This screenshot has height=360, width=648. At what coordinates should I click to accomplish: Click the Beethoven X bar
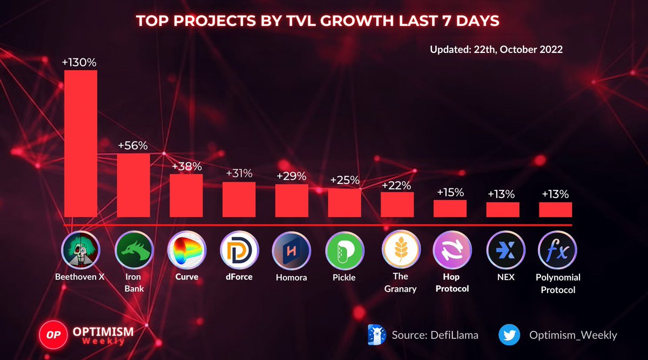point(80,144)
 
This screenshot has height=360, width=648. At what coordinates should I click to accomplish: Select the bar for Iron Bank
point(133,185)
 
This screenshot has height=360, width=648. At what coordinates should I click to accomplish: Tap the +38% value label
point(187,167)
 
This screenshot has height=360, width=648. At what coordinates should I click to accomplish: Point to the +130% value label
point(79,63)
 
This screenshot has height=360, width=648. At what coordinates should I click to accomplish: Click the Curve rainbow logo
point(187,250)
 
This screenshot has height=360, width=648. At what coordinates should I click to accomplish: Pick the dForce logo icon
point(239,250)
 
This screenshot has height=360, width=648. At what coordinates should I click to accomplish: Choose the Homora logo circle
point(292,250)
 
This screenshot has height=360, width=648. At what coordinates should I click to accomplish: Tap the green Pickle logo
point(345,250)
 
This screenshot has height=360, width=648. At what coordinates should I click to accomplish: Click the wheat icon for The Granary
point(401,249)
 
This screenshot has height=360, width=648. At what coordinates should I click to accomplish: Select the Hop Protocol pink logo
point(452,250)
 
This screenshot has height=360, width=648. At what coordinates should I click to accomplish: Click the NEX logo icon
point(505,250)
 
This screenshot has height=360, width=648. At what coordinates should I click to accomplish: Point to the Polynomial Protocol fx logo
point(557,250)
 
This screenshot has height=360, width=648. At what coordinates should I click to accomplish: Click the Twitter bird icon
point(509,335)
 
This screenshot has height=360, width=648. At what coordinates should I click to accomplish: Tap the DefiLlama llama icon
point(377,335)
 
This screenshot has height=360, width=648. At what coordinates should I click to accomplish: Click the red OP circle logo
point(53,335)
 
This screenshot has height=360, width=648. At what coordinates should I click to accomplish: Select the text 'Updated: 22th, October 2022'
point(496,50)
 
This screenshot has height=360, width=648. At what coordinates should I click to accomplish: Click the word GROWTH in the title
point(357,21)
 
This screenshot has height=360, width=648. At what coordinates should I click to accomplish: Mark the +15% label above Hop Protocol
point(450,192)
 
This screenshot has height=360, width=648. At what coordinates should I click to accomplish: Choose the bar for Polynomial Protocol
point(556,209)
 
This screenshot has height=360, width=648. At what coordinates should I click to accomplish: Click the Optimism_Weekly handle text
point(573,335)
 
